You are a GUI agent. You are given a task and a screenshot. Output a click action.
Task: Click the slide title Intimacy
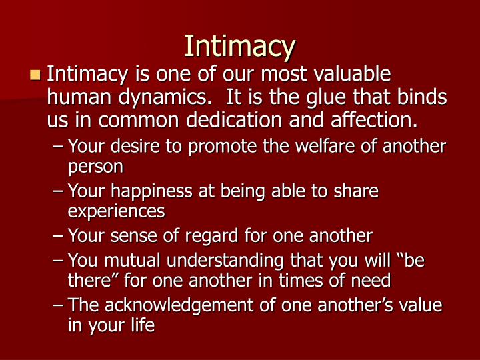coord(239,45)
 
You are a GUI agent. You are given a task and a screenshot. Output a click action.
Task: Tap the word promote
coord(203,147)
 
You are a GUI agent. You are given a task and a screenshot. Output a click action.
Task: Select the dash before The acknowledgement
coord(59,306)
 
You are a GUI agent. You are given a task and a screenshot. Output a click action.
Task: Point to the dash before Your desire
coord(59,147)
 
